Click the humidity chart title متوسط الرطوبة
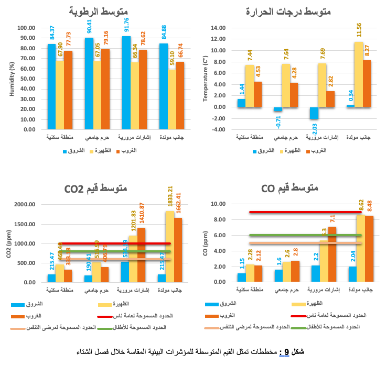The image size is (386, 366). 99,11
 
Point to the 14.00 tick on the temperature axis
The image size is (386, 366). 218,28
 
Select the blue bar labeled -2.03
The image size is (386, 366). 314,113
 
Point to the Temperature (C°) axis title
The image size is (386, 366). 206,79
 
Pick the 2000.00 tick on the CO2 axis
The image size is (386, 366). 25,204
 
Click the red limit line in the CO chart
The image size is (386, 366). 304,212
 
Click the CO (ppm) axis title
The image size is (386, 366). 206,243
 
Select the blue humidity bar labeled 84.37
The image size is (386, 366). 51,86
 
